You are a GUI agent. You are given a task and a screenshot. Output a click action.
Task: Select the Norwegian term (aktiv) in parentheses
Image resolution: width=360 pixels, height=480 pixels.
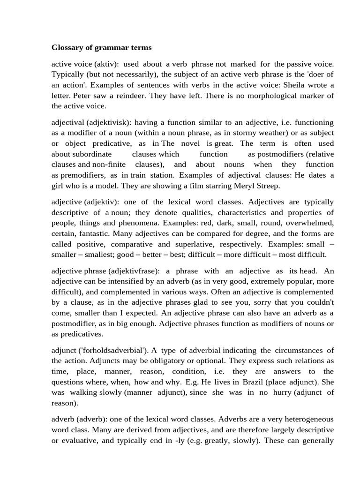pyautogui.click(x=105, y=63)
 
